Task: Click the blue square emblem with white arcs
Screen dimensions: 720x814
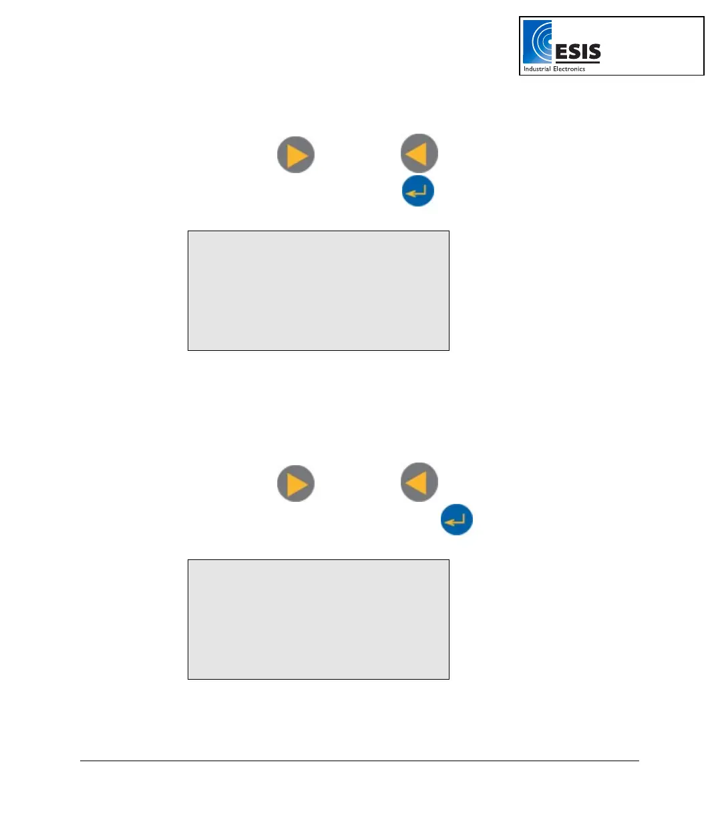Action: click(537, 41)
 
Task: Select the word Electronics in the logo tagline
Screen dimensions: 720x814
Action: click(568, 69)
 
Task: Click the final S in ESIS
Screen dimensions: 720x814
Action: click(594, 51)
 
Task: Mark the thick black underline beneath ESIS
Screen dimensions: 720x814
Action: click(578, 63)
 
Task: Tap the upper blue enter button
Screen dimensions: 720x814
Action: click(418, 191)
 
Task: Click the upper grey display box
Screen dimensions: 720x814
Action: click(319, 291)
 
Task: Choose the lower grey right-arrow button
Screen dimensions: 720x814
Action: click(296, 483)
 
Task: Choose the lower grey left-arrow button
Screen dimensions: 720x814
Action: click(419, 482)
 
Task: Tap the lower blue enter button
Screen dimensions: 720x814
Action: click(457, 520)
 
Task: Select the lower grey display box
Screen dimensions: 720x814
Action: click(319, 620)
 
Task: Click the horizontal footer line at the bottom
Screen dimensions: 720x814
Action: click(359, 761)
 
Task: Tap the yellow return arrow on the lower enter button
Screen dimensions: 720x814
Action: click(457, 521)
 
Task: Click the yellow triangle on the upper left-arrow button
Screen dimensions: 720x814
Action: click(417, 154)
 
